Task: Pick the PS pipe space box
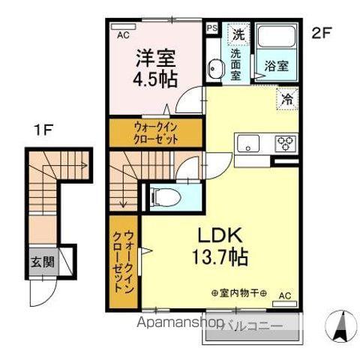211,28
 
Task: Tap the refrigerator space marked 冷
287,97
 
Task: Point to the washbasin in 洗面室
216,67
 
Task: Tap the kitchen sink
248,142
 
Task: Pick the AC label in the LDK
284,295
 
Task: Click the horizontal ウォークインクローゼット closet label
157,133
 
